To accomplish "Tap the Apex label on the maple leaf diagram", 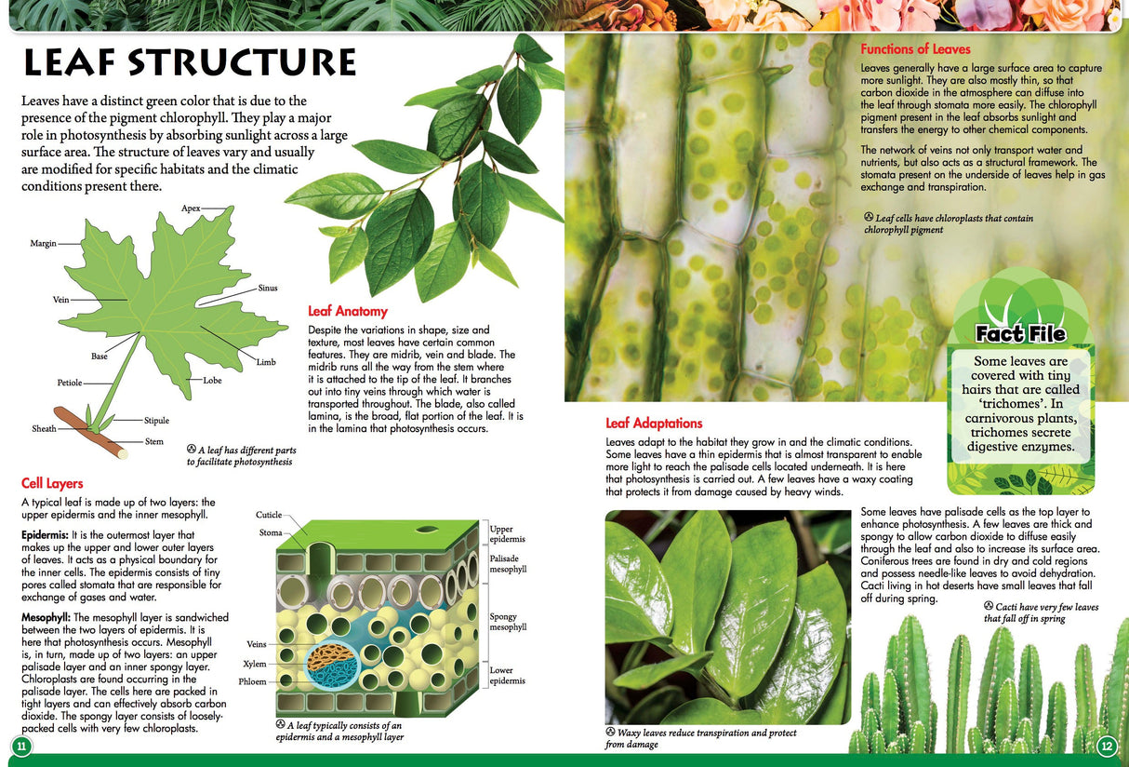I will pyautogui.click(x=191, y=208).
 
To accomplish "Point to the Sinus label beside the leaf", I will pyautogui.click(x=268, y=289).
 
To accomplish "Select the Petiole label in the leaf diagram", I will pyautogui.click(x=70, y=383).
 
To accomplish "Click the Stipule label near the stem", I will pyautogui.click(x=157, y=421).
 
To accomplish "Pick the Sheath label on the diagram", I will pyautogui.click(x=44, y=429).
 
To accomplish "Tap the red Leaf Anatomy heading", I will pyautogui.click(x=347, y=311).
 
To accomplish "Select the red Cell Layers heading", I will pyautogui.click(x=52, y=483).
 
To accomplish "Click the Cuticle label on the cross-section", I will pyautogui.click(x=268, y=515).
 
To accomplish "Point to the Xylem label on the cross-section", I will pyautogui.click(x=254, y=664).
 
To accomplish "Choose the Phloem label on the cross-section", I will pyautogui.click(x=252, y=681).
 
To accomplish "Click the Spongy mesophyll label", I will pyautogui.click(x=508, y=622).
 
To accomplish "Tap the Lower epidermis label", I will pyautogui.click(x=507, y=675).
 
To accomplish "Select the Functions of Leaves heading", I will pyautogui.click(x=915, y=49).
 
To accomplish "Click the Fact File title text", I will pyautogui.click(x=1020, y=334).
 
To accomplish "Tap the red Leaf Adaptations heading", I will pyautogui.click(x=654, y=423).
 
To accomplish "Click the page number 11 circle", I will pyautogui.click(x=20, y=747).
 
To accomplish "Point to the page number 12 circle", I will pyautogui.click(x=1107, y=747).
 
